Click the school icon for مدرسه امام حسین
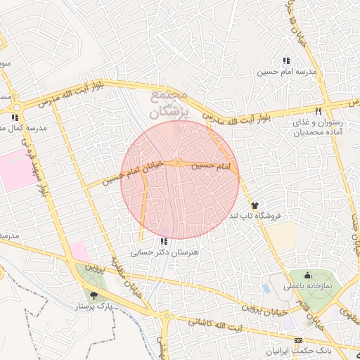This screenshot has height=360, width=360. tap(285, 61)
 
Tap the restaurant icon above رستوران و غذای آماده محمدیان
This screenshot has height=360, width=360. tap(318, 111)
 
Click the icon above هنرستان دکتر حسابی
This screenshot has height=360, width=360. tap(165, 241)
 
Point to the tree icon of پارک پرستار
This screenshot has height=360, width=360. tap(94, 295)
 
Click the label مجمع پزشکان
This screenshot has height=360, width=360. tap(168, 104)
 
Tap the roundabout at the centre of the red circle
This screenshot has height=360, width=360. tap(179, 164)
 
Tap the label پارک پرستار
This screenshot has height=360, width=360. tap(94, 307)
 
